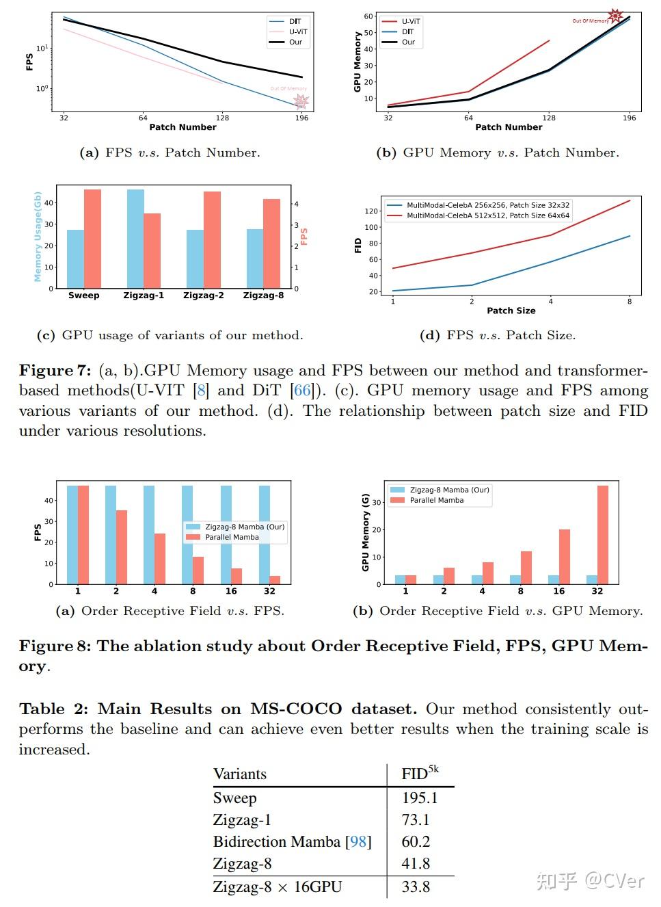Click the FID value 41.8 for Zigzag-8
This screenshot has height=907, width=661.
[x=416, y=864]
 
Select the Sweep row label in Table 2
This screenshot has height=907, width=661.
[x=234, y=798]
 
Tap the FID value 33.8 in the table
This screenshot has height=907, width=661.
[x=416, y=887]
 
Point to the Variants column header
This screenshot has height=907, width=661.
[x=240, y=774]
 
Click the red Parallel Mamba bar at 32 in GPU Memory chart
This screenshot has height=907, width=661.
[x=603, y=534]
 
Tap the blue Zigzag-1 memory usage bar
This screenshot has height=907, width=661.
[x=135, y=238]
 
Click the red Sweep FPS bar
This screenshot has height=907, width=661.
[x=92, y=238]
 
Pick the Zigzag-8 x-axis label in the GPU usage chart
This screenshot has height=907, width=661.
[x=263, y=295]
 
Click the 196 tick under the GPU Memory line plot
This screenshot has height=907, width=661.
[x=629, y=118]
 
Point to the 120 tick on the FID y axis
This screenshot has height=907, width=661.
[x=372, y=211]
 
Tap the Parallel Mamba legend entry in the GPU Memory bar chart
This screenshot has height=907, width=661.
[x=436, y=500]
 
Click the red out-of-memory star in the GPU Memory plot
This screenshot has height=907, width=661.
[x=615, y=16]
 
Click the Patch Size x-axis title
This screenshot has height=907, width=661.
[x=511, y=311]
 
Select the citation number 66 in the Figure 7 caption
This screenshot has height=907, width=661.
[x=302, y=391]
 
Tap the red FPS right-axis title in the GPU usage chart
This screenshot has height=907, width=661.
[x=304, y=237]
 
